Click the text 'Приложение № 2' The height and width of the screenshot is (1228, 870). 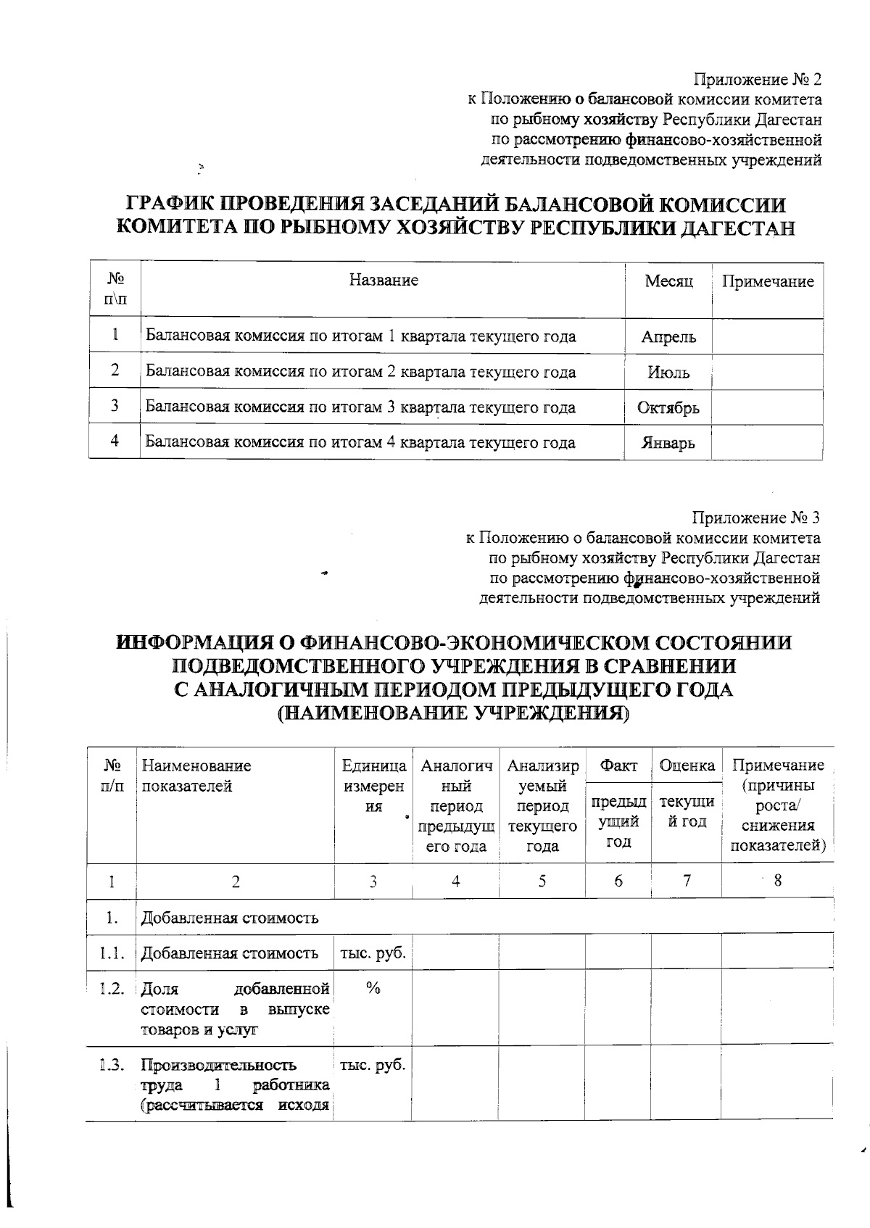[758, 78]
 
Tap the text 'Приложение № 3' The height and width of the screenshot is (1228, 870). [756, 518]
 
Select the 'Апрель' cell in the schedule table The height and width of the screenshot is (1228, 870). [668, 337]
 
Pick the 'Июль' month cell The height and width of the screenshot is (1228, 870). [668, 373]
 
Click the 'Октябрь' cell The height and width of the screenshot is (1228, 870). [668, 408]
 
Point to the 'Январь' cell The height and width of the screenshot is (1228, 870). [668, 443]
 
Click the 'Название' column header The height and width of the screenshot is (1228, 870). [383, 281]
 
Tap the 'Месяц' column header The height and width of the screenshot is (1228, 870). [668, 281]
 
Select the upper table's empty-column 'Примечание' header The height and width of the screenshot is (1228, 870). [767, 281]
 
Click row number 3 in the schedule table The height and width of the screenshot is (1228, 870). [115, 406]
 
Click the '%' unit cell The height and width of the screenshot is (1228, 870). [373, 989]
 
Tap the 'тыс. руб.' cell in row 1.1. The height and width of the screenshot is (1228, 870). [373, 953]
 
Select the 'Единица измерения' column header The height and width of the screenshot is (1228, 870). [373, 786]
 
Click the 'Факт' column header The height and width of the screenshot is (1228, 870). [618, 766]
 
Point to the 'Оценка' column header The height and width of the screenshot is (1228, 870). [686, 766]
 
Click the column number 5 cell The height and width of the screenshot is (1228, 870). [542, 881]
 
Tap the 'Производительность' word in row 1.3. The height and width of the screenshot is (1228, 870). [218, 1065]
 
